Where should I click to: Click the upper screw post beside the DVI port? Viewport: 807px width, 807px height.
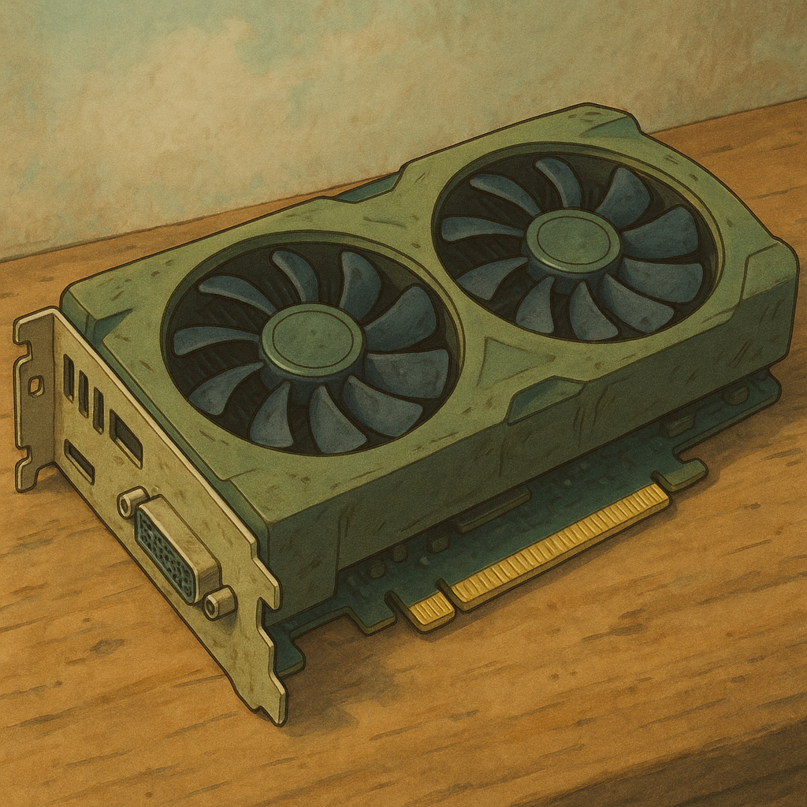click(132, 501)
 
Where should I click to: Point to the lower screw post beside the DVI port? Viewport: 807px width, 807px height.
click(218, 603)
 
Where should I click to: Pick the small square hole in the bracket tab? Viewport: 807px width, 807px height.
click(35, 385)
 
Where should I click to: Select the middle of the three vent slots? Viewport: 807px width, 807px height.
click(84, 393)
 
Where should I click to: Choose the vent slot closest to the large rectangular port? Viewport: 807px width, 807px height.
click(99, 410)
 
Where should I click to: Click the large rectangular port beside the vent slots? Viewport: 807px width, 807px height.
click(126, 437)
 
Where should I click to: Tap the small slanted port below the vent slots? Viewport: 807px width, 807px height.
click(80, 462)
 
